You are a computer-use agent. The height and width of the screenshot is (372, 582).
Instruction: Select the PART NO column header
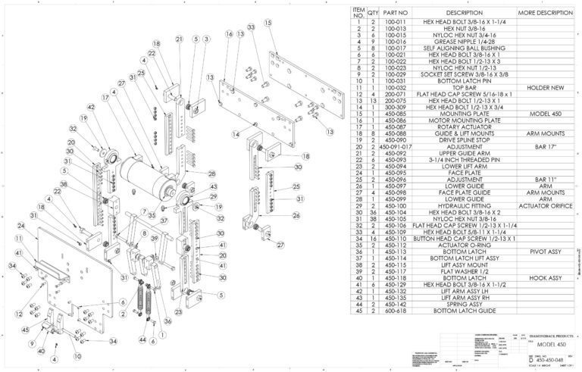coord(396,14)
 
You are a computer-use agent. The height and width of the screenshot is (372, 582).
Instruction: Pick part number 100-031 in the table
coord(396,81)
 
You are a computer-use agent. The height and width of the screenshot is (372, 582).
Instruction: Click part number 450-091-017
coord(396,146)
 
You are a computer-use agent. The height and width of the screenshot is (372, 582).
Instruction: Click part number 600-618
coord(396,310)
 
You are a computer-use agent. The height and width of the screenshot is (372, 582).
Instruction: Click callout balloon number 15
coord(268,23)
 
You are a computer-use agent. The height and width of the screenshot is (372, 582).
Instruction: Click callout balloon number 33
coord(251,27)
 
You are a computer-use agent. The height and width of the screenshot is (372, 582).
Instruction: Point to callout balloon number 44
coord(142,342)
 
